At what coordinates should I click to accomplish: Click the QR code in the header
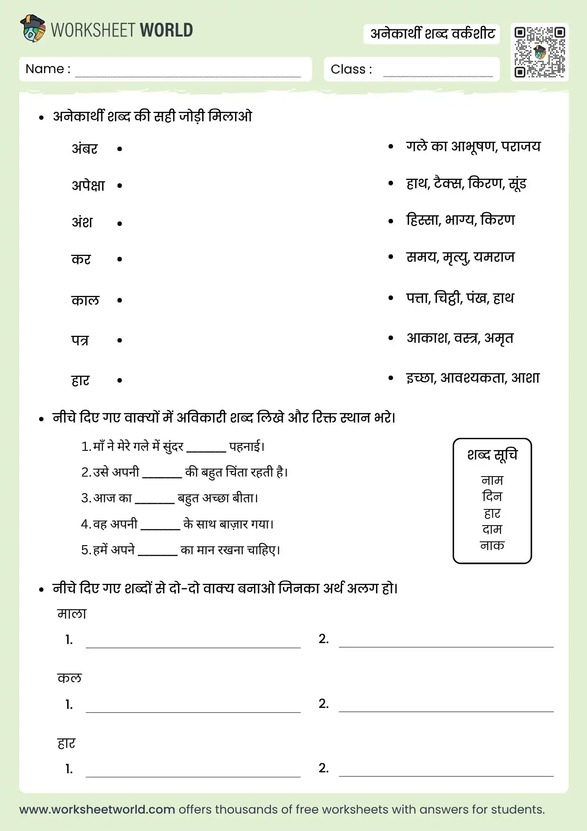539,52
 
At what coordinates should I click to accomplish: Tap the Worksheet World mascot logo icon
32,29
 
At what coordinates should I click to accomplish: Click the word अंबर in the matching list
85,149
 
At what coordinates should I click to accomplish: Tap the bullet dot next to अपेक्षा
120,186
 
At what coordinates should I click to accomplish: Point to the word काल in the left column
85,300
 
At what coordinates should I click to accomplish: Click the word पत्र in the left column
80,340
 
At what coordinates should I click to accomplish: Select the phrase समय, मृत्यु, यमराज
460,257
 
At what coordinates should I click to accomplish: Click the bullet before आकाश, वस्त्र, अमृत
391,338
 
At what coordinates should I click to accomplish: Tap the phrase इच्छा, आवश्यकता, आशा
472,378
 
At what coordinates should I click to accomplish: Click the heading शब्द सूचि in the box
492,455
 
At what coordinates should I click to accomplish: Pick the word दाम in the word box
492,529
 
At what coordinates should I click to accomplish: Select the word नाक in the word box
492,546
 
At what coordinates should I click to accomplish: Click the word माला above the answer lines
72,614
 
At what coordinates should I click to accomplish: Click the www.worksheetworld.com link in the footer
97,809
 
